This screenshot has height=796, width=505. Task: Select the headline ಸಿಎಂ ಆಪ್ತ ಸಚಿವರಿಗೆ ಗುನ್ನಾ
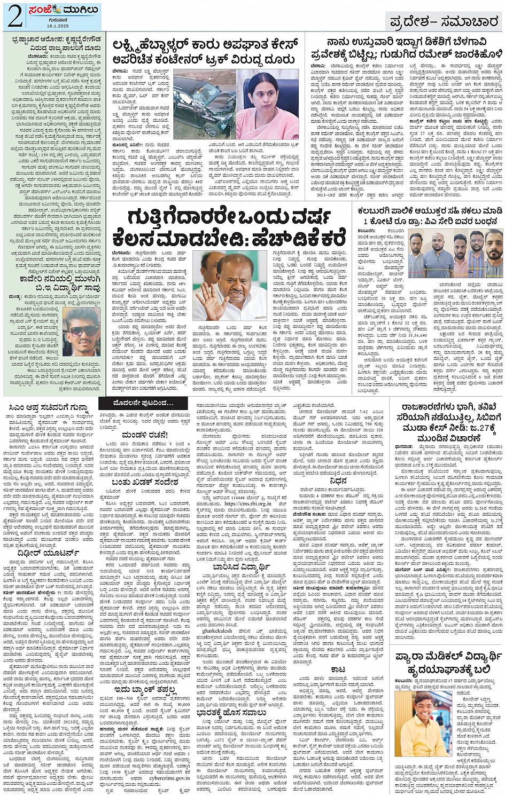52,409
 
